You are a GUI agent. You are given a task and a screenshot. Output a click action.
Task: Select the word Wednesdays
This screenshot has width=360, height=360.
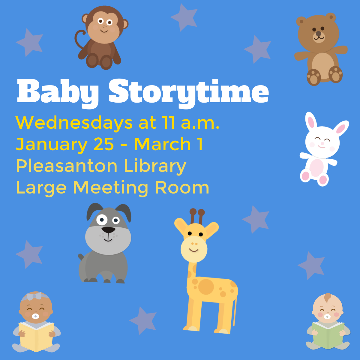(x=74, y=123)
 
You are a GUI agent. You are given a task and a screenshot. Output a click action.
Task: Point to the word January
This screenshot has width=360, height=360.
(x=51, y=145)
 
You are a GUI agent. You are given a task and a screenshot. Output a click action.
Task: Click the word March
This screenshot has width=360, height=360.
(x=162, y=144)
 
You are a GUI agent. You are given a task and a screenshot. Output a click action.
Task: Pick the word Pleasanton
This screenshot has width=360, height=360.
(x=66, y=166)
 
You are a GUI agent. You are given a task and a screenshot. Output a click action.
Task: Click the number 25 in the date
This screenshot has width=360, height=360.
(x=104, y=145)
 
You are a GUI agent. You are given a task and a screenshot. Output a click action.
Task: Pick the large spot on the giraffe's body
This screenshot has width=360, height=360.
(x=206, y=287)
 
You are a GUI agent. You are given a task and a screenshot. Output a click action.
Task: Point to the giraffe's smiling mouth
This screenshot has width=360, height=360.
(x=194, y=250)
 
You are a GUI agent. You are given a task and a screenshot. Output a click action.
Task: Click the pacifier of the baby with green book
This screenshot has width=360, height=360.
(x=327, y=316)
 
